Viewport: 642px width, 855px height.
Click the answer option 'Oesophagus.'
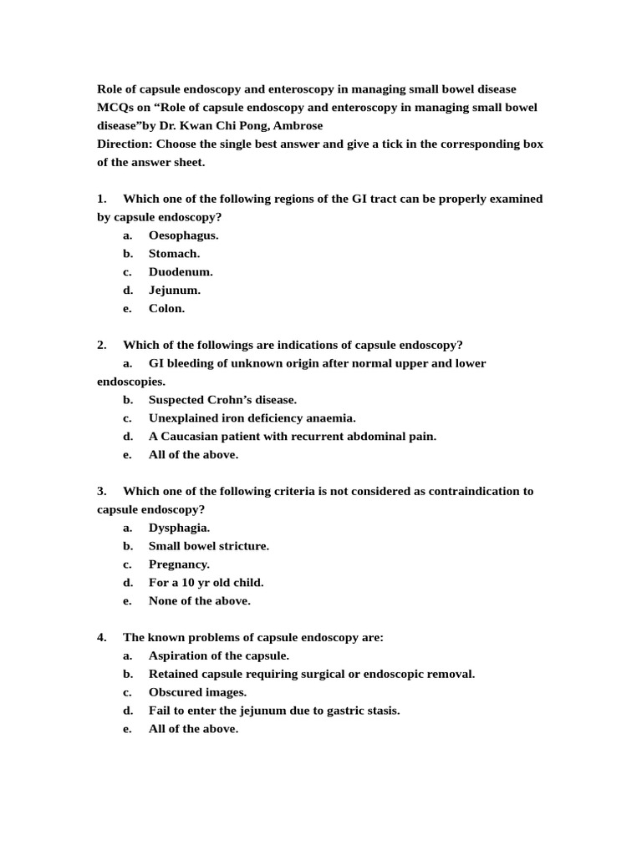pos(183,235)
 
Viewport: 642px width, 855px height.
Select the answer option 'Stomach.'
pos(174,254)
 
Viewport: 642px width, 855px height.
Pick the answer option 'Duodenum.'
pos(181,272)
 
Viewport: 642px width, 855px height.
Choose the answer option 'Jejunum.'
pos(175,291)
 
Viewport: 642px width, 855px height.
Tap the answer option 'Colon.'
pos(166,309)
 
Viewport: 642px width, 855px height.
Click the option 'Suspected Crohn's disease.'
pos(222,400)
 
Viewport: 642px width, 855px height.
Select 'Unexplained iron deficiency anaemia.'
pos(252,418)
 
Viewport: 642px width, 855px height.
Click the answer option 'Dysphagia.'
pos(179,528)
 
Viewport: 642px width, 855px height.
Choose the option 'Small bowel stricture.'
pos(208,546)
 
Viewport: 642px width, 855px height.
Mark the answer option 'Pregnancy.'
pos(179,564)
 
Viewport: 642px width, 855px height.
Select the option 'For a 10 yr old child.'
pos(206,583)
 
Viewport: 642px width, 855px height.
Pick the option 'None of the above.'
pos(199,601)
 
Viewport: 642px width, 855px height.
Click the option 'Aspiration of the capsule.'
pos(218,656)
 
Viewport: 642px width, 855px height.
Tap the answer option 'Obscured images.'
pos(197,693)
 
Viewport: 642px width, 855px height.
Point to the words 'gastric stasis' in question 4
pos(363,711)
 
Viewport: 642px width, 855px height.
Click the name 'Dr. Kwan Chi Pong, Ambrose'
pos(242,125)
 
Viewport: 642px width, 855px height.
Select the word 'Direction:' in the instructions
pos(125,144)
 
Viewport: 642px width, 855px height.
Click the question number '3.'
pos(102,491)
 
